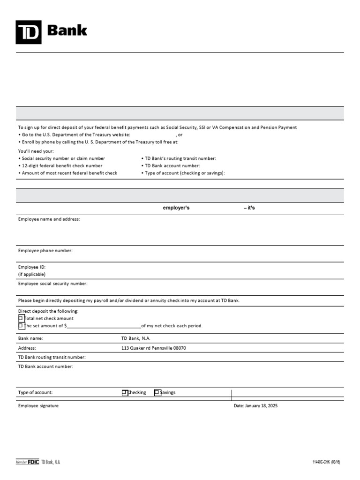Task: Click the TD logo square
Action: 28,32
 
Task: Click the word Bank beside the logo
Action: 67,30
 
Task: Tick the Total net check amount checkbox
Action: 21,318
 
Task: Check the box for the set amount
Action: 21,325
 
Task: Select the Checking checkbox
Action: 125,393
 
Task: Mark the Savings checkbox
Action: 157,393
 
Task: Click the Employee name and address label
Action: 49,219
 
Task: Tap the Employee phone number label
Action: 45,251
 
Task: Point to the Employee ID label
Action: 32,267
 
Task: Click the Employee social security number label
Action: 53,284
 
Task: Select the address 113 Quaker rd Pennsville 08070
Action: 157,348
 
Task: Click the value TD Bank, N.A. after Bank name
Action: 136,338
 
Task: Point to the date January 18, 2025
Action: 256,406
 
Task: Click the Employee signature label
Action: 38,406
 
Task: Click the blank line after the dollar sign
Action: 104,326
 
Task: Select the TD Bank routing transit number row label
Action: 52,357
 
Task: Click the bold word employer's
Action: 176,208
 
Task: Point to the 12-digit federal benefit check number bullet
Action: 62,166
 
